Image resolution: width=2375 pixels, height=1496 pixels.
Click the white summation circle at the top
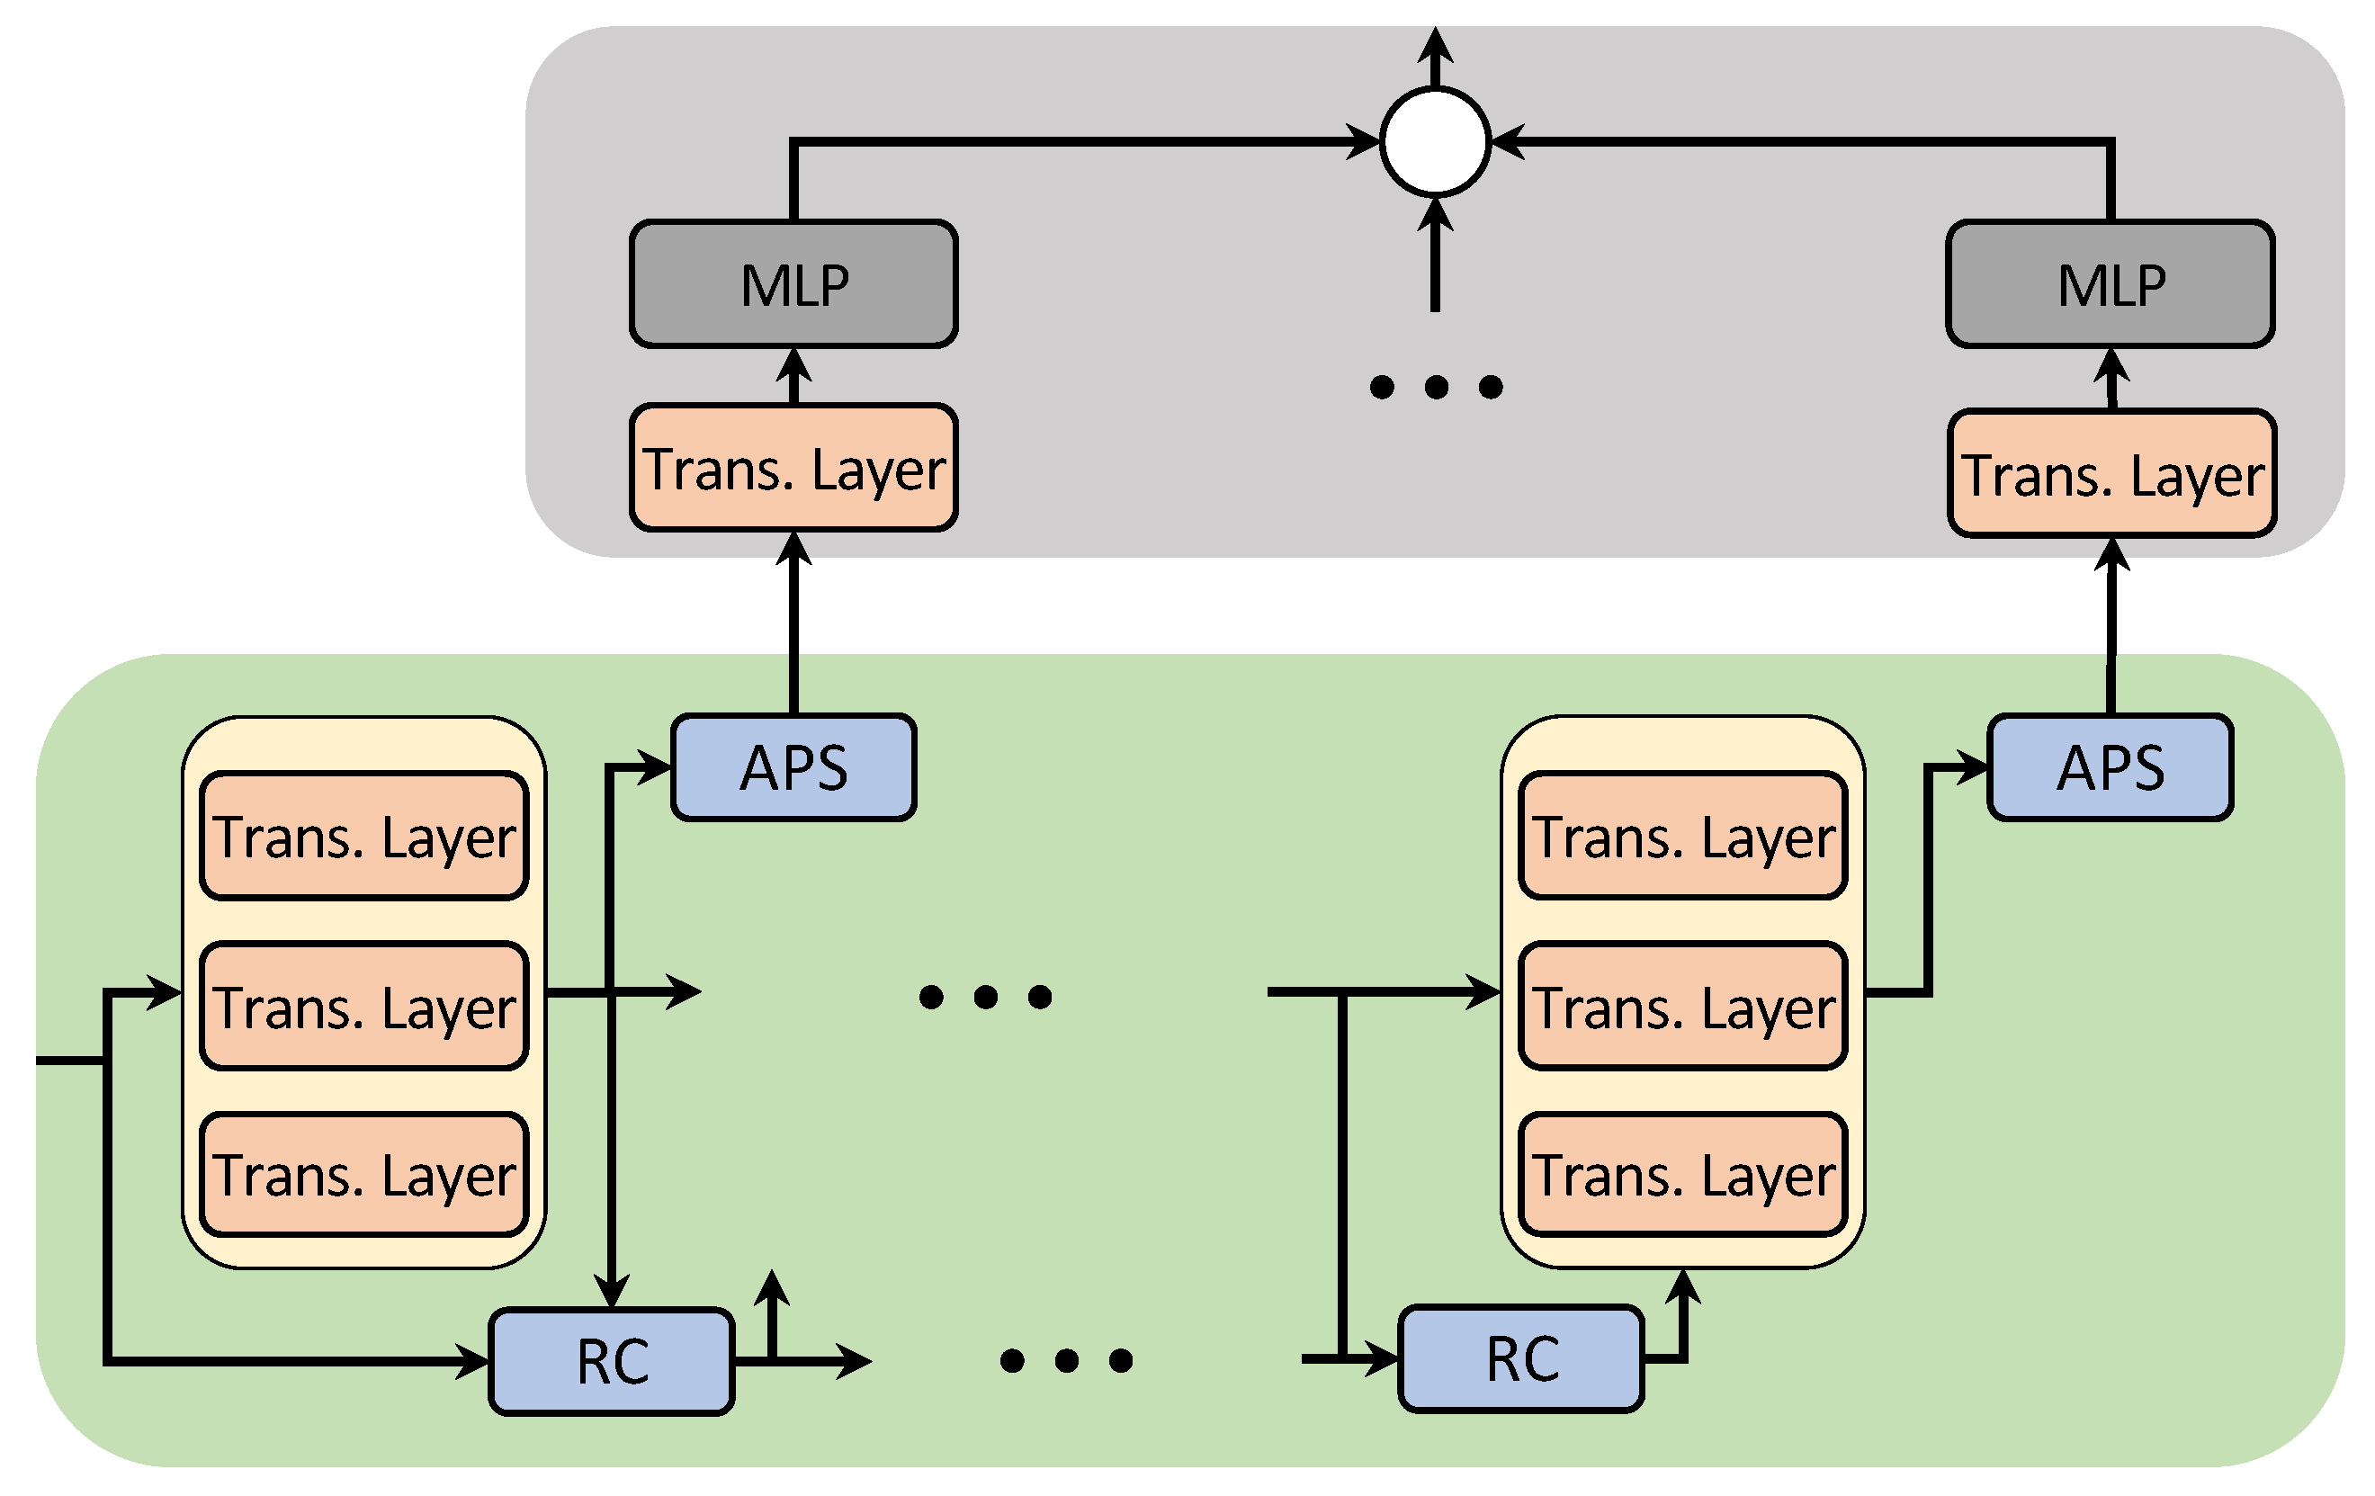pyautogui.click(x=1435, y=142)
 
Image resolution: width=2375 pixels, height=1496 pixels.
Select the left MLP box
pyautogui.click(x=794, y=284)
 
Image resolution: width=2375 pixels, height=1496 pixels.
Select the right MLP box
pyautogui.click(x=2111, y=284)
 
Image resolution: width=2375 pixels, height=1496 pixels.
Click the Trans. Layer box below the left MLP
pyautogui.click(x=794, y=468)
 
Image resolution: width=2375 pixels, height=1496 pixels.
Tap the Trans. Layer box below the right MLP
pyautogui.click(x=2111, y=473)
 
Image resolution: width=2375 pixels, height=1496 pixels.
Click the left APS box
pyautogui.click(x=794, y=767)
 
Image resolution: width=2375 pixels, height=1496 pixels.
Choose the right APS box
pyautogui.click(x=2111, y=767)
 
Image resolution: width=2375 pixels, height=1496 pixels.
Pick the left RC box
pyautogui.click(x=612, y=1362)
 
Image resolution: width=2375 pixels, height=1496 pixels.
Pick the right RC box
pyautogui.click(x=1522, y=1359)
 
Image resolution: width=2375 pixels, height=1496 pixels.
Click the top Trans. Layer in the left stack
pyautogui.click(x=364, y=837)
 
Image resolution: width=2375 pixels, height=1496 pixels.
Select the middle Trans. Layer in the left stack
pyautogui.click(x=364, y=1006)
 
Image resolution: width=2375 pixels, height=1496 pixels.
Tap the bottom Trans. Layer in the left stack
pyautogui.click(x=364, y=1175)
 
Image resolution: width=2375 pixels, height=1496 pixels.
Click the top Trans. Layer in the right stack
pyautogui.click(x=1683, y=837)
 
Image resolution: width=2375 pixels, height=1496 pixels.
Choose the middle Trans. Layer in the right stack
pyautogui.click(x=1683, y=1006)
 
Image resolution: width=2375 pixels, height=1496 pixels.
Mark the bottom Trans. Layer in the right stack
pyautogui.click(x=1683, y=1175)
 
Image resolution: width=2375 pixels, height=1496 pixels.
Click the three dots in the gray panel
pyautogui.click(x=1436, y=387)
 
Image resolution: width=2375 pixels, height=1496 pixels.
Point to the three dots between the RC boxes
pyautogui.click(x=1066, y=1361)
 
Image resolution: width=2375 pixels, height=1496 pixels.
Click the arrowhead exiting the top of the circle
pyautogui.click(x=1435, y=43)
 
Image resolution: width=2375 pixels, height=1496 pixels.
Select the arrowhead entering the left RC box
pyautogui.click(x=473, y=1362)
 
